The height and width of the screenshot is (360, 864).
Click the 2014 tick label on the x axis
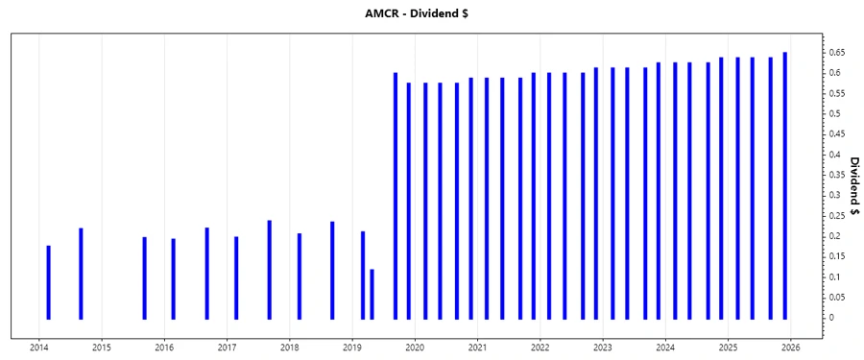pos(39,348)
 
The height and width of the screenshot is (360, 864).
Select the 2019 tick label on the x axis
pos(352,348)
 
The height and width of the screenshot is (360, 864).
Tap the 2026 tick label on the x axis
pos(791,348)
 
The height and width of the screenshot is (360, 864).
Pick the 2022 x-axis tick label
pos(540,348)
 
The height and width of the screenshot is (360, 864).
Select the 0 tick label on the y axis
pos(831,318)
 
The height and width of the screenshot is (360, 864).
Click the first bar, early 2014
pos(48,282)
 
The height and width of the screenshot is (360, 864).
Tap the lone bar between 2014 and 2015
pos(81,274)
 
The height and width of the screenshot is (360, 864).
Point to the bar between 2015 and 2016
pos(144,277)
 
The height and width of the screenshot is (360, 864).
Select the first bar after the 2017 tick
pos(236,277)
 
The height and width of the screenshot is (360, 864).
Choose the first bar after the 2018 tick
pos(300,276)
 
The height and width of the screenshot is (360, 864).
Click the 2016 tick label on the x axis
pos(164,348)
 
